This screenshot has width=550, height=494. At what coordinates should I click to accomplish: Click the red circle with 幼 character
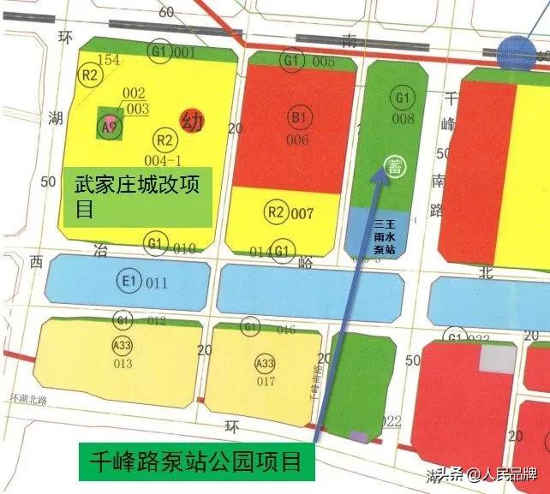[192, 122]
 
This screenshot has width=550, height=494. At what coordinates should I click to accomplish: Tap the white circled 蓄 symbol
[395, 164]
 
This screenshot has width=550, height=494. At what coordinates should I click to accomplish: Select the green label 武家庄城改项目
[137, 197]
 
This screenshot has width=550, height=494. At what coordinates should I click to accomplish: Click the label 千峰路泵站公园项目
[196, 462]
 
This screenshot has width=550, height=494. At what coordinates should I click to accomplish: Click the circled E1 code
[130, 282]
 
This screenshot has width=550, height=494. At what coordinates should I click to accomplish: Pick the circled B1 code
[298, 117]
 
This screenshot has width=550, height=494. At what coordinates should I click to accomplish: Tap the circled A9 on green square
[109, 128]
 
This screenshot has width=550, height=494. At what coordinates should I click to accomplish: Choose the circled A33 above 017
[266, 364]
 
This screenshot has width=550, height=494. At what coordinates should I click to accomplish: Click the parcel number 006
[298, 140]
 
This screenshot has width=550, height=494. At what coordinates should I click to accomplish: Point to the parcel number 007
[302, 213]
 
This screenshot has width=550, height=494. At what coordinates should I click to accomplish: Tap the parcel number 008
[404, 118]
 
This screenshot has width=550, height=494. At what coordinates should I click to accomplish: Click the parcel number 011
[157, 283]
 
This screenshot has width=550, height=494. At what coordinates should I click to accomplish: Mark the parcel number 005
[323, 61]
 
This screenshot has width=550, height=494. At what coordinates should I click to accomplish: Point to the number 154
[110, 60]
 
